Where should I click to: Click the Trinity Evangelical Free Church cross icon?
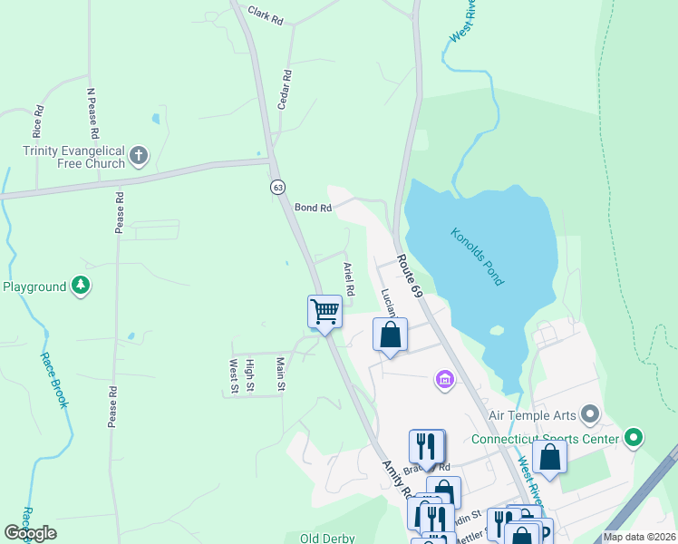tap(139, 155)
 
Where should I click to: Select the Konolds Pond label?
tap(477, 257)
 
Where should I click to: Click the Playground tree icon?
tap(82, 287)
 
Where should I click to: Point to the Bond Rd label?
tap(314, 208)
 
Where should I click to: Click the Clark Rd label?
tap(266, 15)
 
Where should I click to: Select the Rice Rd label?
tap(38, 121)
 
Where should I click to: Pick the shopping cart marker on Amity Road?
tap(324, 312)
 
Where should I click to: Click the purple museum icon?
tap(444, 378)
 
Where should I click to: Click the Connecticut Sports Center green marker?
tap(634, 440)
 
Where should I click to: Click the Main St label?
tap(281, 374)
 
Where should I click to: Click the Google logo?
tap(30, 533)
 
